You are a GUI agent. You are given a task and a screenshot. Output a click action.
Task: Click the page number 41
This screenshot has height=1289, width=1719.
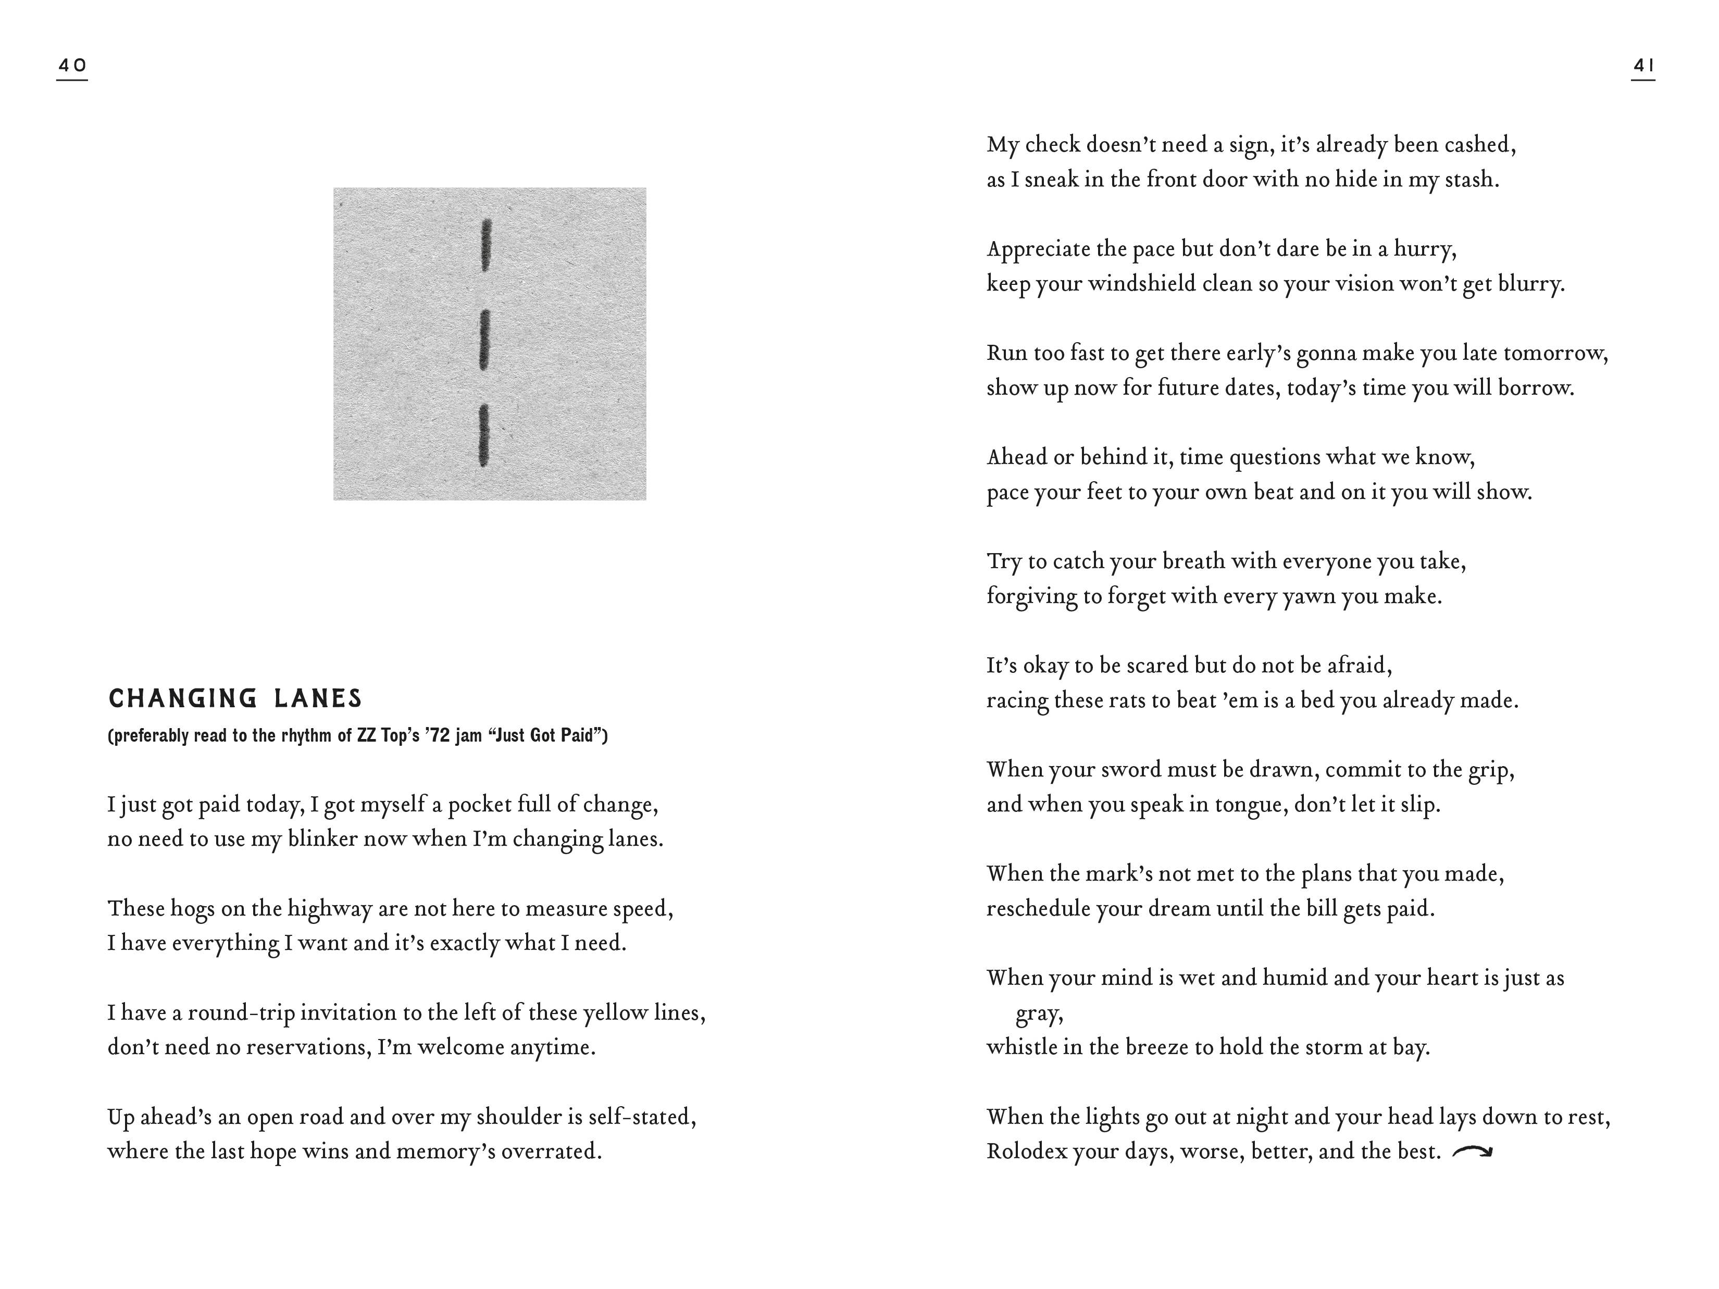1643,66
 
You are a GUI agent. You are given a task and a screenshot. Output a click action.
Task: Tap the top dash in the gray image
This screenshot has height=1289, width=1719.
487,245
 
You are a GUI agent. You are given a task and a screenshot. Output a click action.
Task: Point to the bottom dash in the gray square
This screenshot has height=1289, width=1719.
483,434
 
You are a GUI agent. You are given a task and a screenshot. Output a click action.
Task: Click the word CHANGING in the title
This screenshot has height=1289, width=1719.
183,698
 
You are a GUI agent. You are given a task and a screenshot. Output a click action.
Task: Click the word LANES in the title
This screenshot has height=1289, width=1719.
318,698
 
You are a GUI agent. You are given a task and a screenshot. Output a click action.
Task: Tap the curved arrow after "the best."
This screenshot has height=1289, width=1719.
1472,1152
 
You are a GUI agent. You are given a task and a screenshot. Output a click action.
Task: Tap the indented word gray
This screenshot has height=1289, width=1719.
1039,1015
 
